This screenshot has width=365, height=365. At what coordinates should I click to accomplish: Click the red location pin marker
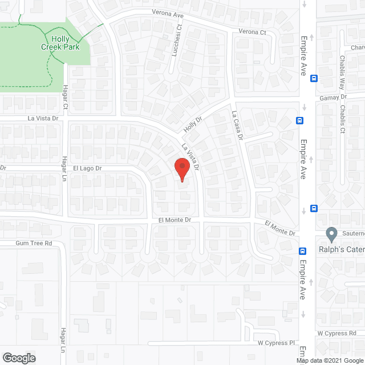(181, 169)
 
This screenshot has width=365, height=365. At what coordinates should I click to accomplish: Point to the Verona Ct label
(252, 32)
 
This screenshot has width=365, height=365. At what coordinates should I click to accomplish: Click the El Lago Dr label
(87, 168)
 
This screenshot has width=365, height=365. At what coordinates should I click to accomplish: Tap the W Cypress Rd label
(336, 333)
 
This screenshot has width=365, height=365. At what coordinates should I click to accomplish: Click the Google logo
(18, 358)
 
